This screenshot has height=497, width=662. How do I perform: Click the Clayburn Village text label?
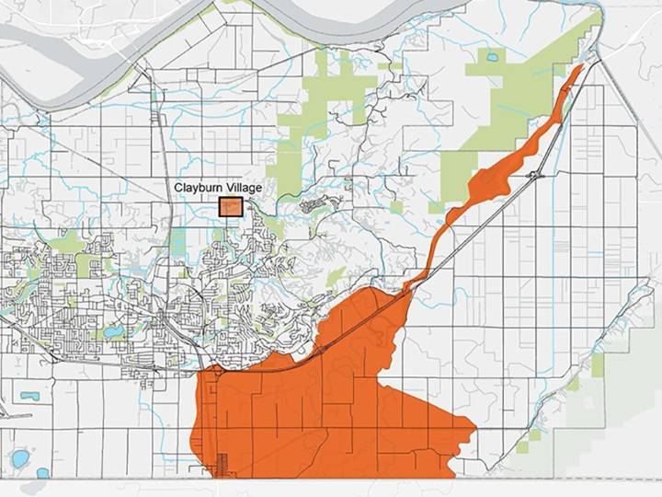218,188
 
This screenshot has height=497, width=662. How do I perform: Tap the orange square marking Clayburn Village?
230,207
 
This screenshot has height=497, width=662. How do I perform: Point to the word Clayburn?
197,188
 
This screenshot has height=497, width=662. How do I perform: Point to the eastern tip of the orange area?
473,427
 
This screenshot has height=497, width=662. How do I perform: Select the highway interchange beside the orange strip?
534,174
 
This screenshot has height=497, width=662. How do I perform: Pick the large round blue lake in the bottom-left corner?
19,457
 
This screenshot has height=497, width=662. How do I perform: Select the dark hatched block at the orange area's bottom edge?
221,466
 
